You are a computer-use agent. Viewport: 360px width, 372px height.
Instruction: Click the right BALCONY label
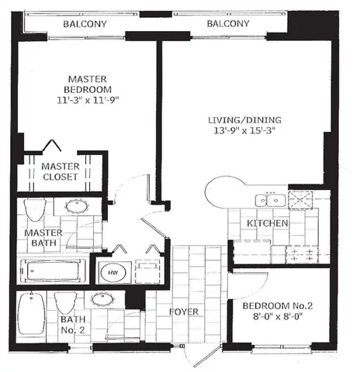coord(227,25)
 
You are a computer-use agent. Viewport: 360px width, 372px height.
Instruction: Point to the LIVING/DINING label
coord(242,120)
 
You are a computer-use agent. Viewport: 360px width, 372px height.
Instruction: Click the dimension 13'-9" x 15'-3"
coord(242,132)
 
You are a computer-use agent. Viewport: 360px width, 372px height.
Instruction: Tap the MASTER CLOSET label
coord(61,171)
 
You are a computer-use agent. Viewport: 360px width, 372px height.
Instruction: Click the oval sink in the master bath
coord(75,207)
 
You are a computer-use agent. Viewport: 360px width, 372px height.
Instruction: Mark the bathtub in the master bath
coord(54,270)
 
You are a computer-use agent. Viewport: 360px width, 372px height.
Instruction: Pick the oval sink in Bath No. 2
coord(101,299)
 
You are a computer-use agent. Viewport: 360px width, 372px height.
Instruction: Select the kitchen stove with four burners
coord(299,256)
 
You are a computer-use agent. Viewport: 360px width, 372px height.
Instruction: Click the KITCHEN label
coord(268,224)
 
